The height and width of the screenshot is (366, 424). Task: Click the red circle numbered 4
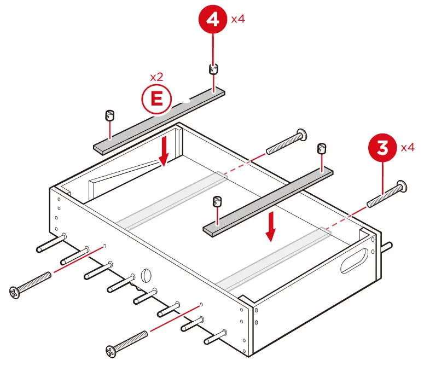click(x=213, y=20)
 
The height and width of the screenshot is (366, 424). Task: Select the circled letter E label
click(x=156, y=99)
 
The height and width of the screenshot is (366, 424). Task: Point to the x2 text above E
click(x=156, y=77)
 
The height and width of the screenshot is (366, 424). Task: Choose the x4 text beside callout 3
click(x=408, y=148)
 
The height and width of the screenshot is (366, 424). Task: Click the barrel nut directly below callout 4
click(x=213, y=69)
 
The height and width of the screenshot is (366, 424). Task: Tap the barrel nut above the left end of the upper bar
click(x=109, y=116)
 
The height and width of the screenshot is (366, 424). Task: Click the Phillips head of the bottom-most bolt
click(x=112, y=348)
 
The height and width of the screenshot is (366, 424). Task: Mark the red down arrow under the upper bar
click(x=162, y=152)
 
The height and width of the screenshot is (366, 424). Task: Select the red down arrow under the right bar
click(x=270, y=228)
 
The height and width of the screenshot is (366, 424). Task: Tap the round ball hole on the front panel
click(x=146, y=275)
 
